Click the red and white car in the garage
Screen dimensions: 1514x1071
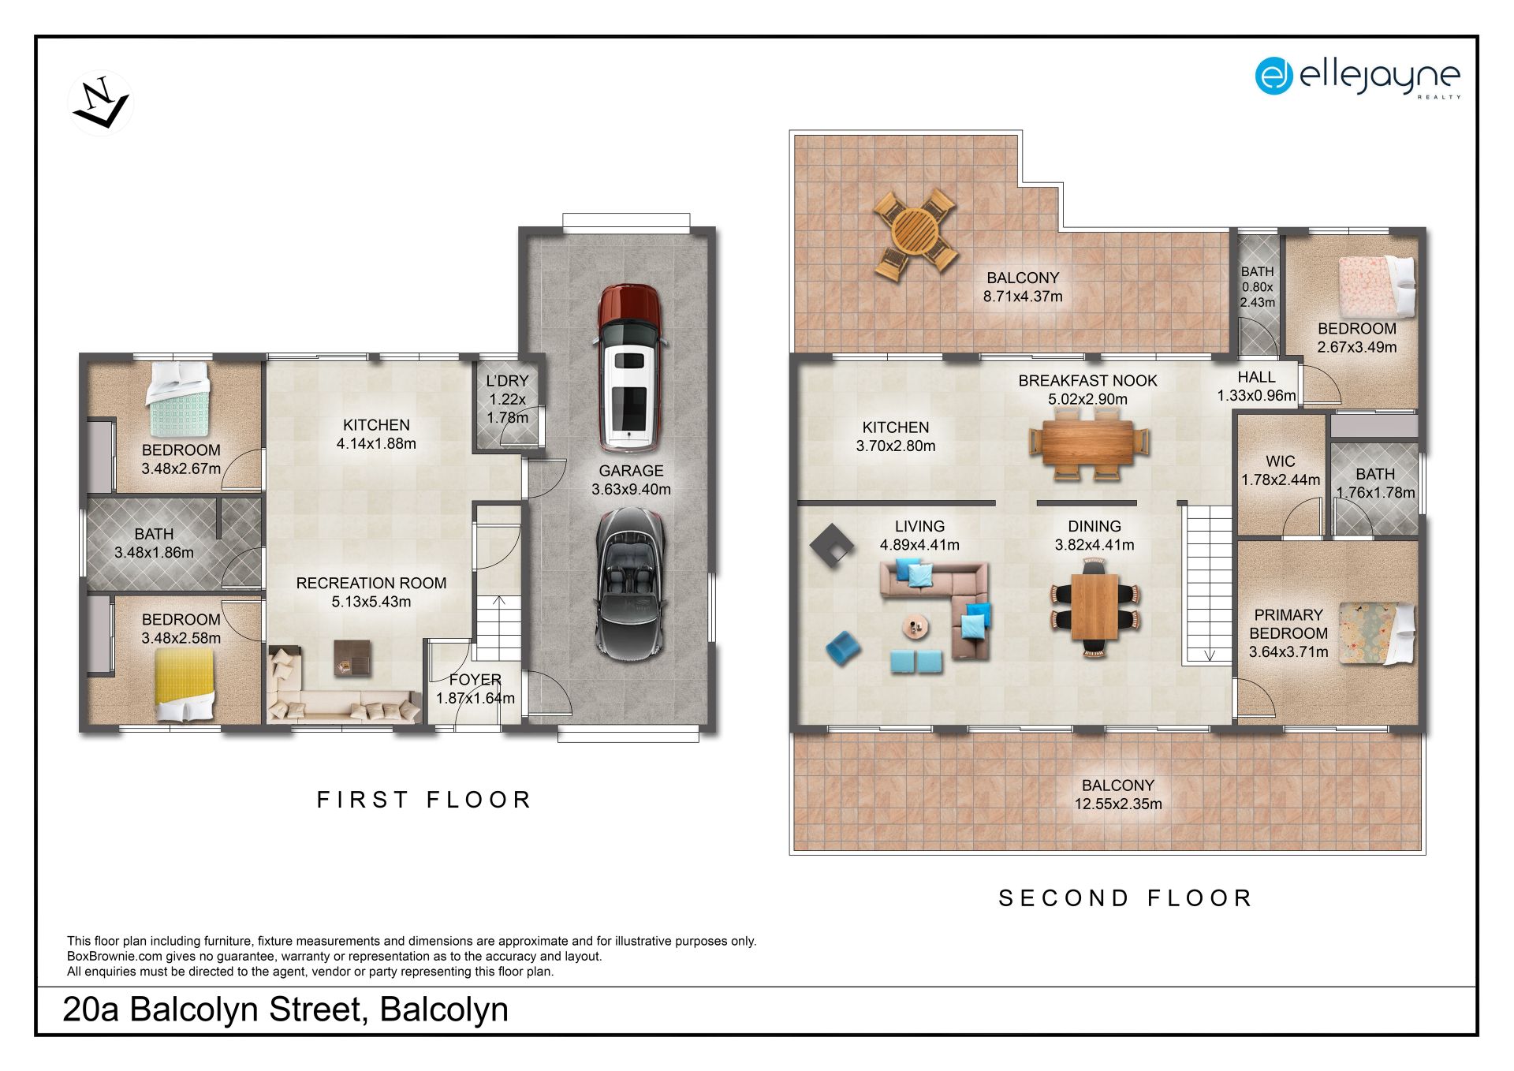coord(628,367)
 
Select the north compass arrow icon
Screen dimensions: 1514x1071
coord(101,103)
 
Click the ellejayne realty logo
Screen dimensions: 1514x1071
coord(1358,77)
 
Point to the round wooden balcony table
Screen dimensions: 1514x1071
coord(915,233)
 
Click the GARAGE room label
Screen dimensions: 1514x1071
coord(631,471)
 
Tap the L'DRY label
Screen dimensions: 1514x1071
coord(507,381)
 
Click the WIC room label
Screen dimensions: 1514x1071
coord(1280,461)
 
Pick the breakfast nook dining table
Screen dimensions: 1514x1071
coord(1089,443)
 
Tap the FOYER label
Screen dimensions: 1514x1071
coord(475,680)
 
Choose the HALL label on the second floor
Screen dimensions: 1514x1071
coord(1256,378)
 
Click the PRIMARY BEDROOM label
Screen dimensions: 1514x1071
coord(1288,624)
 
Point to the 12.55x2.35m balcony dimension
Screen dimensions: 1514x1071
coord(1118,804)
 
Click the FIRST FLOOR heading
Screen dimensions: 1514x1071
coord(424,800)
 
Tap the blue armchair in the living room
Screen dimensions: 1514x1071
coord(843,647)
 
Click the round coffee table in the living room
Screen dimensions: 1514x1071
coord(915,627)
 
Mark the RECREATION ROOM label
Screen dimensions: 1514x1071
coord(371,584)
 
